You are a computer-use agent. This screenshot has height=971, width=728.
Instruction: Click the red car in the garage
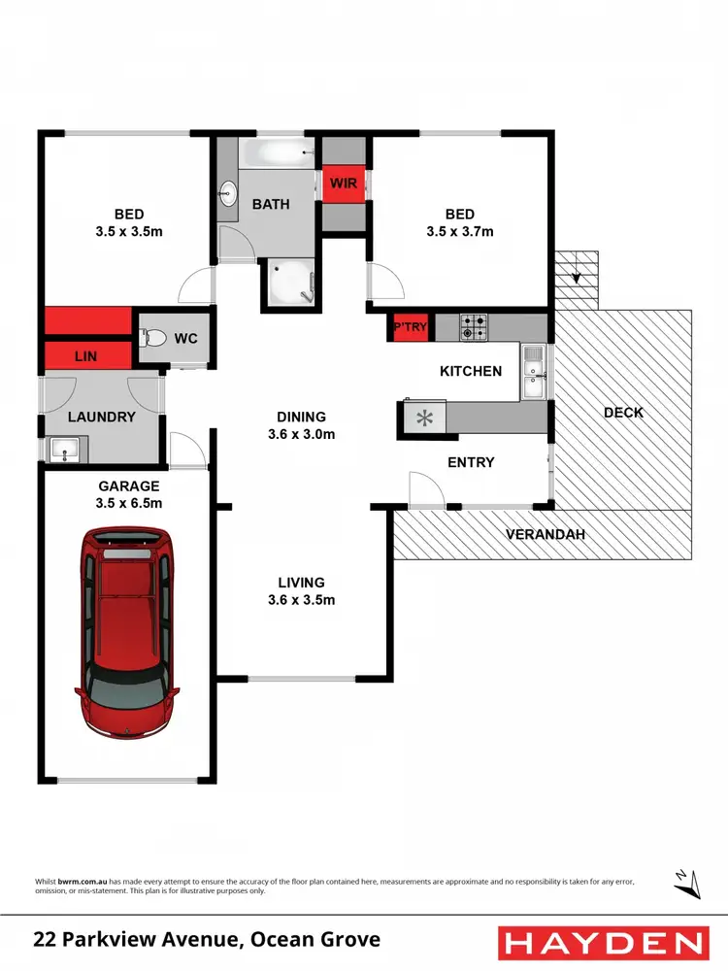(127, 632)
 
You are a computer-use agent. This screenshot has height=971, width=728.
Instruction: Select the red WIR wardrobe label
(343, 184)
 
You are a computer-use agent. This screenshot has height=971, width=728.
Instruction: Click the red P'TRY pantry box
(409, 327)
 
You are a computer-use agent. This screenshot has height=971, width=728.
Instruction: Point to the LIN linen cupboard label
(85, 356)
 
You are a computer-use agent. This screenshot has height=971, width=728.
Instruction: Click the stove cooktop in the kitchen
(473, 327)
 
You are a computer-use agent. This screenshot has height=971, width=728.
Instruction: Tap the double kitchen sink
(533, 374)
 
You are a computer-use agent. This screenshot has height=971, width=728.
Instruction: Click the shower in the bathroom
(288, 283)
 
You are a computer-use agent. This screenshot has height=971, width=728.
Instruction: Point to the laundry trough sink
(64, 450)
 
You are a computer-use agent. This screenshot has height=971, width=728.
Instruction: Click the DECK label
(623, 412)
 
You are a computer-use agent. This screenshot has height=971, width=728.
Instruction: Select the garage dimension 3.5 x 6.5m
(128, 503)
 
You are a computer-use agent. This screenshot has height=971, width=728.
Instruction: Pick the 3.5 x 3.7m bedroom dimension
(459, 232)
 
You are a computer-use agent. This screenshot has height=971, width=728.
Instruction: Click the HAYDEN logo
(602, 942)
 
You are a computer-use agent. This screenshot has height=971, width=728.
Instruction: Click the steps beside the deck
(579, 278)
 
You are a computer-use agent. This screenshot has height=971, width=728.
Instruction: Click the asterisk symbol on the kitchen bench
(423, 419)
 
